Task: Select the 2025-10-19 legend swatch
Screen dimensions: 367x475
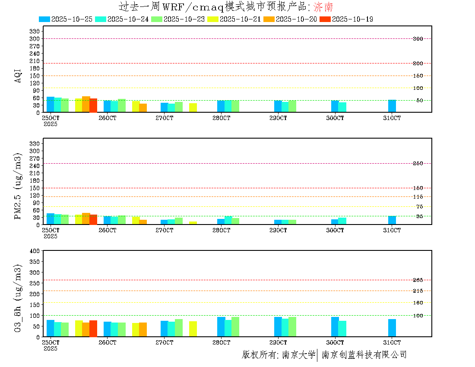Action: point(325,19)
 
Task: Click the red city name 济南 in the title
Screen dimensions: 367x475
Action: point(323,6)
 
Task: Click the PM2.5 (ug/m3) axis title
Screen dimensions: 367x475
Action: point(18,187)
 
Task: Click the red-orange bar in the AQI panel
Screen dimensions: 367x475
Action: point(93,105)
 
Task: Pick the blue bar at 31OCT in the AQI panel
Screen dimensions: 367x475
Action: point(392,106)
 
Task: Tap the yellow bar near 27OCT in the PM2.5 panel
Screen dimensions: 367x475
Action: point(193,223)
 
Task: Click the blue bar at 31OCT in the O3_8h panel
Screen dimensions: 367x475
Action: point(392,328)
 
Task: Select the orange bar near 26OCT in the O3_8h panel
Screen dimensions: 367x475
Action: point(143,329)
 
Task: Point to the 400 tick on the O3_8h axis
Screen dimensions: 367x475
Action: point(35,251)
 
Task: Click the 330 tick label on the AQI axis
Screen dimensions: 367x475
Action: point(35,32)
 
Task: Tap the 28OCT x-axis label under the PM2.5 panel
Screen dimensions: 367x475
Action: point(221,231)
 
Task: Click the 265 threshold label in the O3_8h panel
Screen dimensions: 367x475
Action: point(418,280)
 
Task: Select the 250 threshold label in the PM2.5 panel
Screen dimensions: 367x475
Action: point(418,164)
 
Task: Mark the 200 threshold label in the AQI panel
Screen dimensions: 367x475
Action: point(418,63)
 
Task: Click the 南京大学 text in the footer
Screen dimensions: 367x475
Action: point(298,355)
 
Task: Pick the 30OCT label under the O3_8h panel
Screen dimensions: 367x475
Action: point(335,342)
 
